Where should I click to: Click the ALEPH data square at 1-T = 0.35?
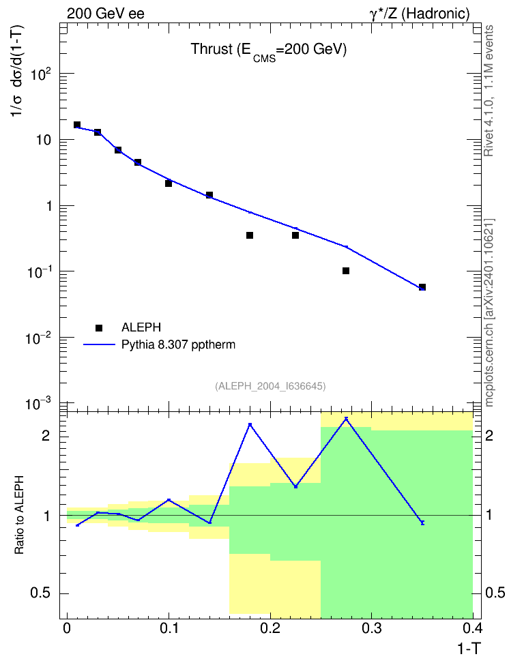(422, 287)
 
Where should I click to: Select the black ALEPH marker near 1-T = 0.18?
(250, 235)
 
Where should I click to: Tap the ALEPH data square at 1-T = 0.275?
(346, 271)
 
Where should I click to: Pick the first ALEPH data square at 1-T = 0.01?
(77, 125)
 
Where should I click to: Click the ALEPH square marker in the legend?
(99, 327)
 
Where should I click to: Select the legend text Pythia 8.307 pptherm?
(178, 344)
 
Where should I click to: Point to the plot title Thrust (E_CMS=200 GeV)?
(268, 50)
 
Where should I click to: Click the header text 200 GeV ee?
(105, 14)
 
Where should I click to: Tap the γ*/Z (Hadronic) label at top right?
(420, 14)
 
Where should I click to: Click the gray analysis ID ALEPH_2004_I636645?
(270, 386)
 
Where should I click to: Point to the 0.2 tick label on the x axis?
(270, 628)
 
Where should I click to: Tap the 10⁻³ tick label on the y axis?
(39, 403)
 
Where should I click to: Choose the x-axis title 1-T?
(469, 648)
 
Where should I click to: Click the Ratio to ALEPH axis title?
(19, 515)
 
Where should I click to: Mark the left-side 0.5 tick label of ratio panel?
(40, 593)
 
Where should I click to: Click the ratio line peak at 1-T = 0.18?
(250, 424)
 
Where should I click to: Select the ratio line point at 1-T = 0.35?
(422, 522)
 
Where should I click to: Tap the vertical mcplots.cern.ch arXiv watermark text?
(489, 313)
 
